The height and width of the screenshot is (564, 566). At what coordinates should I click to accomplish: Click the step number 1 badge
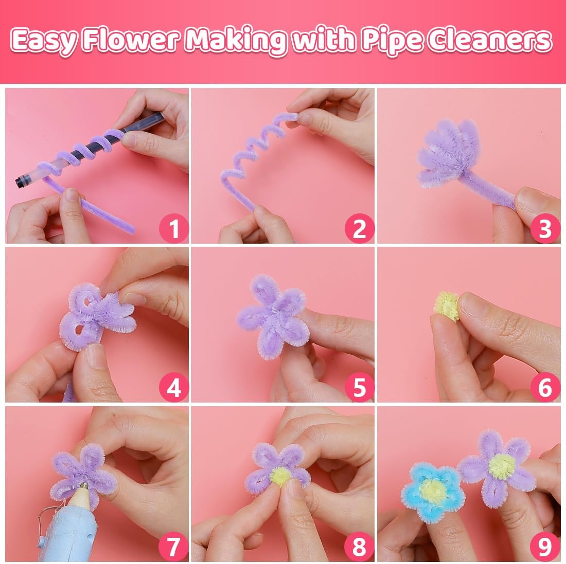coord(174,228)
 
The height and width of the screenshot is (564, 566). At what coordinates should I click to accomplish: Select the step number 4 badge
coord(174,387)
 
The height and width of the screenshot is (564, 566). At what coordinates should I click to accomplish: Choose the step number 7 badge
coord(174,547)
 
